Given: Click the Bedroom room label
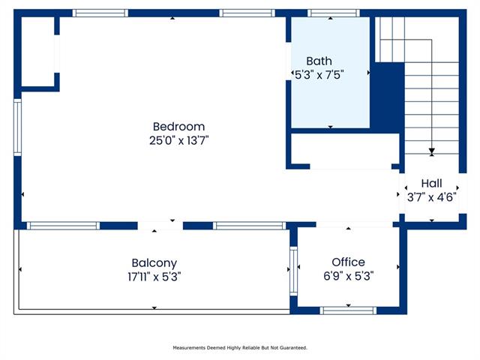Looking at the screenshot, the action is [178, 127].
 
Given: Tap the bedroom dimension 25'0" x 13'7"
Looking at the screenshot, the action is [178, 140].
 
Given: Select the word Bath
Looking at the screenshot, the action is [319, 61].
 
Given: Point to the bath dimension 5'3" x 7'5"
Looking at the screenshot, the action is [319, 75].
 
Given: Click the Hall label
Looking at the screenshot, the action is [431, 183].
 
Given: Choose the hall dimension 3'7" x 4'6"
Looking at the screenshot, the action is [431, 197].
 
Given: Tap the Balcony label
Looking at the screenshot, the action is [154, 263].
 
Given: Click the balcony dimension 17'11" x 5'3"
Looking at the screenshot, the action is [154, 277].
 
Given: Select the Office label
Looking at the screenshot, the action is [348, 262].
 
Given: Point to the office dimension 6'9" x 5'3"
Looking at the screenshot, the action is [348, 276].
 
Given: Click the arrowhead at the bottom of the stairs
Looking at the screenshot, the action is [432, 151].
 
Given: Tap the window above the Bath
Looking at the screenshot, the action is [334, 13].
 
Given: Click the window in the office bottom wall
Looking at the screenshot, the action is [348, 310].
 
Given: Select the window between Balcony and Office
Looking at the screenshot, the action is [293, 271].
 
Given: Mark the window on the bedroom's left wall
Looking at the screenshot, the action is [17, 127].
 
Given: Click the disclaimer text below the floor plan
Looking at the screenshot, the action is [240, 348].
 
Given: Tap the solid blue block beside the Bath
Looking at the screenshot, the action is [387, 97].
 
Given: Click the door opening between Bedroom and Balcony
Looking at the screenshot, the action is [160, 226].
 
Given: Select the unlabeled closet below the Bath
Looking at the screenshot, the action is [345, 150].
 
